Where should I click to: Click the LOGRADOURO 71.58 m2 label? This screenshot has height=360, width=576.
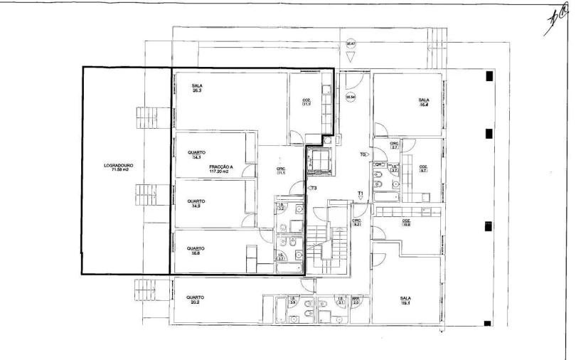pyautogui.click(x=118, y=169)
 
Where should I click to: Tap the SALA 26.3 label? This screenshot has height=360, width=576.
pyautogui.click(x=197, y=88)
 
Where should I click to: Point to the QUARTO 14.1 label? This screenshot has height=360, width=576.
pyautogui.click(x=196, y=154)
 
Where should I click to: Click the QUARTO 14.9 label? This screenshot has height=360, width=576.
pyautogui.click(x=196, y=203)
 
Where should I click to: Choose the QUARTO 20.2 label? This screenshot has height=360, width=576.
pyautogui.click(x=196, y=300)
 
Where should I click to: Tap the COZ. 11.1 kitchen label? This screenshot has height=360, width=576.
pyautogui.click(x=306, y=102)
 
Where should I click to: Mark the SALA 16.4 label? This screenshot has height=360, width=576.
pyautogui.click(x=424, y=102)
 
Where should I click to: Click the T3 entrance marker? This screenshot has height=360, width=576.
pyautogui.click(x=312, y=188)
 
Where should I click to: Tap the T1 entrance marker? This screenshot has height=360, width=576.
pyautogui.click(x=361, y=193)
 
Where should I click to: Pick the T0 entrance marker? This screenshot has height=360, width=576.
pyautogui.click(x=363, y=154)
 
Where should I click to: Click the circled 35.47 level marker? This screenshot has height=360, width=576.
pyautogui.click(x=350, y=44)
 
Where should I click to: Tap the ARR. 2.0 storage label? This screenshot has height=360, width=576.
pyautogui.click(x=356, y=302)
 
